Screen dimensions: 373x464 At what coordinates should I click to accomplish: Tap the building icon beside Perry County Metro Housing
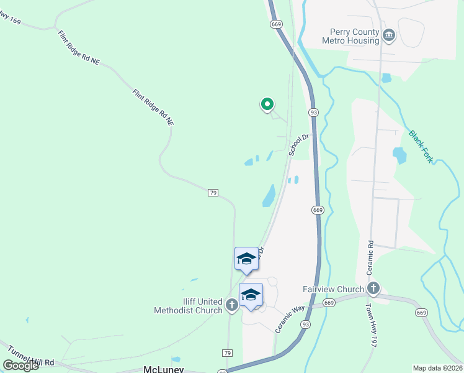click(389, 35)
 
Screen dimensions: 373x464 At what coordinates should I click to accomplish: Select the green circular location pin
click(267, 104)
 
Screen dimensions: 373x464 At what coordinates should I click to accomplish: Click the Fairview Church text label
click(333, 289)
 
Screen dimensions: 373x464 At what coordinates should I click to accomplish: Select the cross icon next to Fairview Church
click(373, 288)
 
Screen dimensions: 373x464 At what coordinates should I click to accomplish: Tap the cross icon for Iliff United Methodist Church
click(231, 305)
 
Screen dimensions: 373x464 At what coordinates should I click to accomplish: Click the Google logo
click(21, 366)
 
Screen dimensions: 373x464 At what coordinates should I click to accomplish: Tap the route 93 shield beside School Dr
click(314, 112)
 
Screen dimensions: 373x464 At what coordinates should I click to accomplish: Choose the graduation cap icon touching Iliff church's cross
click(251, 296)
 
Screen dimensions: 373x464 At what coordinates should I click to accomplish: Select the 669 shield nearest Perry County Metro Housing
click(277, 24)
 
